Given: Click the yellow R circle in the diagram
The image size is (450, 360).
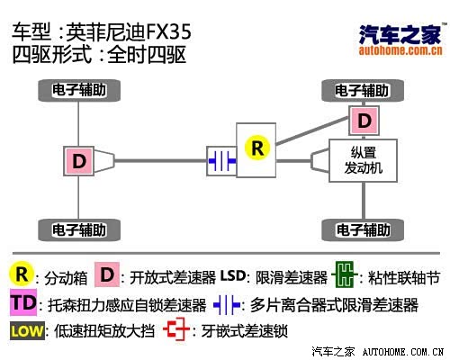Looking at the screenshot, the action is tap(257, 148).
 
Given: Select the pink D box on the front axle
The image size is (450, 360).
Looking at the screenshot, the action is tap(364, 121).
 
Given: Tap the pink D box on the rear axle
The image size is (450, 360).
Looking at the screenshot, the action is tap(79, 161).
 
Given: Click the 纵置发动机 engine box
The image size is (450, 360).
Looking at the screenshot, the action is tap(364, 160).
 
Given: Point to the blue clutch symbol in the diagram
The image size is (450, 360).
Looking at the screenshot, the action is tap(222, 161).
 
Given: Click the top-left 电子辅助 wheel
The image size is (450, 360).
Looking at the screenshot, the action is tap(79, 90).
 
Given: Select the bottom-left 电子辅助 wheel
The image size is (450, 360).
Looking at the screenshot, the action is tap(79, 230).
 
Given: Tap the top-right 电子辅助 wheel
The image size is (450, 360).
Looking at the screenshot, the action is tap(363, 90).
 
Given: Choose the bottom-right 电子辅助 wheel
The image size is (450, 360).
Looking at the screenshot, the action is tap(363, 230).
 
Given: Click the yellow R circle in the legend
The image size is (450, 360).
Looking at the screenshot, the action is tap(21, 274).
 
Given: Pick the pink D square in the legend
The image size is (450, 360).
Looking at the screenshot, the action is tap(107, 274).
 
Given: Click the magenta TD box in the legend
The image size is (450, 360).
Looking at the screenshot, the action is tap(23, 302).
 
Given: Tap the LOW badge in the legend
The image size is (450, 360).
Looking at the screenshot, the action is tap(27, 331).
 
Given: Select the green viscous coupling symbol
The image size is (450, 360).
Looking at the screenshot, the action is tap(345, 274).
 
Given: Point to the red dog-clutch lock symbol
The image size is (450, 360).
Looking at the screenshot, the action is tap(176, 329).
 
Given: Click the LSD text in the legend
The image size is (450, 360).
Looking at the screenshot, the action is tap(233, 275).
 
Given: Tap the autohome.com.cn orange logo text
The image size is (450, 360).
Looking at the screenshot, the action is tap(400, 50).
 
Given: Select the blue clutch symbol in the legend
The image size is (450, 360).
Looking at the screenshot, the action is tap(227, 305).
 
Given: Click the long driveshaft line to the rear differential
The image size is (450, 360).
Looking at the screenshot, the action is tap(160, 161).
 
